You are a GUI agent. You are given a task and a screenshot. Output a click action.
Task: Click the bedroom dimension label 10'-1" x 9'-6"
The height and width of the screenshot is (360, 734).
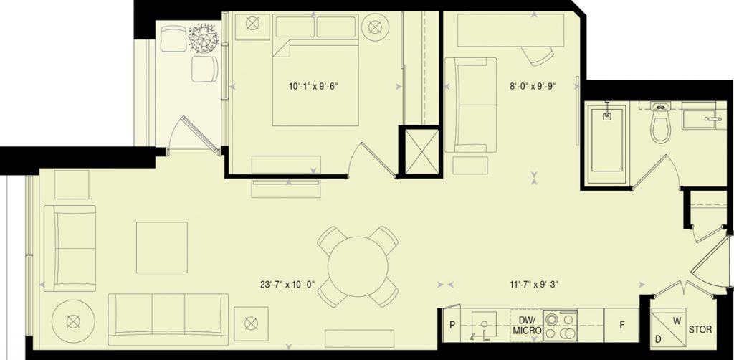(x=313, y=86)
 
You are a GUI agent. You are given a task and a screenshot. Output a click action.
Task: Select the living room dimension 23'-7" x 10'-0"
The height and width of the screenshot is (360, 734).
(x=288, y=284)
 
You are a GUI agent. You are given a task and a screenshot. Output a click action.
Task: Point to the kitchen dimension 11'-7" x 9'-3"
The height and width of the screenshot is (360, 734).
(x=533, y=284)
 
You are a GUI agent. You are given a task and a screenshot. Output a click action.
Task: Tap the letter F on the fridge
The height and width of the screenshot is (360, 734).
(x=622, y=326)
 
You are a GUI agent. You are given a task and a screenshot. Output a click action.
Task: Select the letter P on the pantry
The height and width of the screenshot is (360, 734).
(x=452, y=326)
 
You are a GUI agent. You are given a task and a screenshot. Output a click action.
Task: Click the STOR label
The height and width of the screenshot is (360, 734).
(x=700, y=330)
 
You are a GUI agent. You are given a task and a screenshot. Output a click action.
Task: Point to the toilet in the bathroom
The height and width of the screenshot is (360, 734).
(x=660, y=122)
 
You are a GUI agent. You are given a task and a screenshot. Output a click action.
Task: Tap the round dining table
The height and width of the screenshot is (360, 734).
(x=358, y=266)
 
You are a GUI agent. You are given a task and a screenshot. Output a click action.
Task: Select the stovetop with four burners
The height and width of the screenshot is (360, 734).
(x=560, y=325)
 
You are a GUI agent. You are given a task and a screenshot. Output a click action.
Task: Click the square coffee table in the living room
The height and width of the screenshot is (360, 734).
(x=162, y=247)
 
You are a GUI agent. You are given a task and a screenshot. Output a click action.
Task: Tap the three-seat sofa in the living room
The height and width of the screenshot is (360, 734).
(x=168, y=320)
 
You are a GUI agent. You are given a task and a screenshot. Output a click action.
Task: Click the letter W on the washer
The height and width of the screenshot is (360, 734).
(x=677, y=321)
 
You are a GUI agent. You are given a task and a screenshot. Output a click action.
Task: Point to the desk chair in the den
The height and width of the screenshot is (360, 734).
(x=538, y=56)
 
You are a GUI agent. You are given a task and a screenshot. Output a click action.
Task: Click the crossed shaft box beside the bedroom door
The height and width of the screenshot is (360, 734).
(x=421, y=152)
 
